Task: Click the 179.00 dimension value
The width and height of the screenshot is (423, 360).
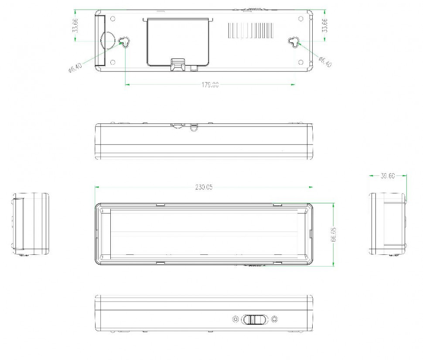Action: coord(210,85)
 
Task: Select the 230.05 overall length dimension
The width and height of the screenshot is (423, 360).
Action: coord(204,187)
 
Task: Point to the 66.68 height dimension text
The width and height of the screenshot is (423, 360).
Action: coord(334,234)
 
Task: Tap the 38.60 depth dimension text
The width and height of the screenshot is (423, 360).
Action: coord(387,176)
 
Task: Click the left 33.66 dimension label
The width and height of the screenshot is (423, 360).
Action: coord(76,26)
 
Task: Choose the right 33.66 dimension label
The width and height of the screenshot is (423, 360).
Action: coord(324,26)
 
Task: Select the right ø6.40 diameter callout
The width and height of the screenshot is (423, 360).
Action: coord(325,62)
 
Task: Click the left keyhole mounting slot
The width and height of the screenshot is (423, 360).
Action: coord(125,42)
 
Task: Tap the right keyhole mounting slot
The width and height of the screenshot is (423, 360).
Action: coord(295,42)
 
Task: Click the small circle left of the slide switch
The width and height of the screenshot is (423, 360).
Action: coord(236,319)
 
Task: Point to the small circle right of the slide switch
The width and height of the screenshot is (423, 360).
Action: coord(274,319)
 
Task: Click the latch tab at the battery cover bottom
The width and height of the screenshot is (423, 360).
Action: coord(178,65)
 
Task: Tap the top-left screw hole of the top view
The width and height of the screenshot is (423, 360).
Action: coord(113,19)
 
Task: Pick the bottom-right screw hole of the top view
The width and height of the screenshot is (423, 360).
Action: coord(300,63)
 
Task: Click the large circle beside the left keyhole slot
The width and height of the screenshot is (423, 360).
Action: coord(107,41)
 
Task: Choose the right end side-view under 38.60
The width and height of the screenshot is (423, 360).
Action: coord(388,224)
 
